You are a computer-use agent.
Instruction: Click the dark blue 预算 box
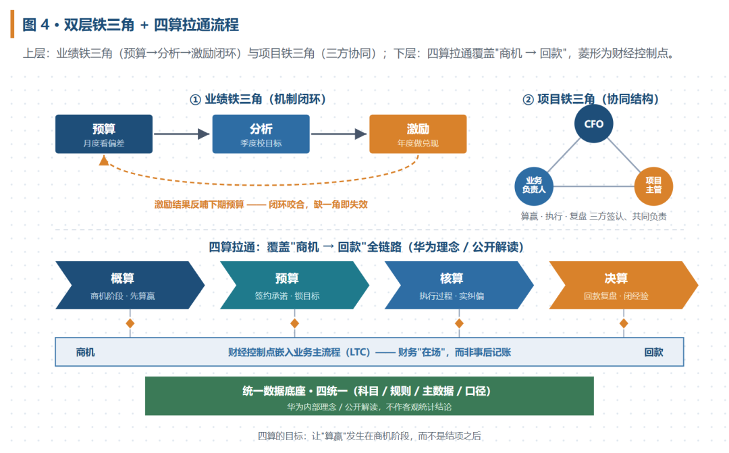(104, 134)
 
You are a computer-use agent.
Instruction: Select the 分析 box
(261, 134)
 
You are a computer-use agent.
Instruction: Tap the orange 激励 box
(418, 134)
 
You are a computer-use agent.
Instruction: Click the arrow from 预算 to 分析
(182, 134)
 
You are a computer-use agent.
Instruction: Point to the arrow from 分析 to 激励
(339, 134)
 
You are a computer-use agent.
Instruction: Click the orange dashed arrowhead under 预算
(104, 161)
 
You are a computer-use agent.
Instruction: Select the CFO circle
(594, 124)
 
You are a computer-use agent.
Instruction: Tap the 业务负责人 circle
(534, 186)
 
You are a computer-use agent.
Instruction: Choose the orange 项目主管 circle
(653, 186)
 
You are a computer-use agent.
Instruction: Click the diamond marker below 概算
(130, 323)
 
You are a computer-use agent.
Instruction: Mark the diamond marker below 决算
(624, 323)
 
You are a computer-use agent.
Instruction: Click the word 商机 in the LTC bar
(86, 352)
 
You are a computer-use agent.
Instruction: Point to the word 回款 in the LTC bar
(653, 352)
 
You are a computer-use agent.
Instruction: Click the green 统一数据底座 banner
(369, 396)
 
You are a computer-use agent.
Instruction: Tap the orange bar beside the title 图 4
(12, 24)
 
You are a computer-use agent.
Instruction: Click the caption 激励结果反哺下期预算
(199, 205)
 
